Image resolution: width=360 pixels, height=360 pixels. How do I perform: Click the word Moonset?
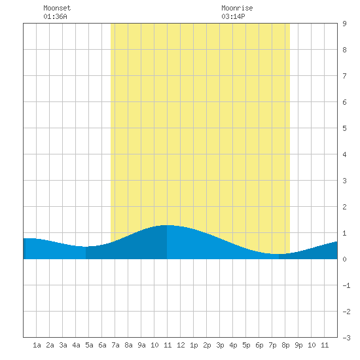pyautogui.click(x=57, y=8)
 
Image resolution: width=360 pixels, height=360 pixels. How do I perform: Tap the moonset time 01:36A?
pyautogui.click(x=55, y=16)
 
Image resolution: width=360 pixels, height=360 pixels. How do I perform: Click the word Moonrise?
pyautogui.click(x=237, y=8)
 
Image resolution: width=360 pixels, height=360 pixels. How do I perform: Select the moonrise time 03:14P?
pyautogui.click(x=233, y=16)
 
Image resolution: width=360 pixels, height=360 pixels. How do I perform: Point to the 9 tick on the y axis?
pyautogui.click(x=344, y=24)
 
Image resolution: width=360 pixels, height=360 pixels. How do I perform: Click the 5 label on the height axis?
pyautogui.click(x=344, y=128)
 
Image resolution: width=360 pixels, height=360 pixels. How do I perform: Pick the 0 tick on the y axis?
pyautogui.click(x=344, y=259)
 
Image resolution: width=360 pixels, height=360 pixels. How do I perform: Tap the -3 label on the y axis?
pyautogui.click(x=346, y=338)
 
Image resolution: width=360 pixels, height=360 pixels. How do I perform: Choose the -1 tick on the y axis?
pyautogui.click(x=346, y=285)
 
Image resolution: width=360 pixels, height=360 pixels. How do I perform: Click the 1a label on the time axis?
pyautogui.click(x=37, y=345)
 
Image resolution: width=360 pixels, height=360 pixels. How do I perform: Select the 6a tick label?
pyautogui.click(x=102, y=345)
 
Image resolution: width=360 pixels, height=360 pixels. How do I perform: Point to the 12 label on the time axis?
pyautogui.click(x=181, y=345)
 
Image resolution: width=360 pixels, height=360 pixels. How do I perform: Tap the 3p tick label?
pyautogui.click(x=220, y=345)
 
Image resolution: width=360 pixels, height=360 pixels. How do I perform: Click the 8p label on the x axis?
pyautogui.click(x=285, y=345)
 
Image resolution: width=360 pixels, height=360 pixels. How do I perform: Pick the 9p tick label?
pyautogui.click(x=298, y=345)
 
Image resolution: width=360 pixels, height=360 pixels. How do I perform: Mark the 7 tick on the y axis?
pyautogui.click(x=344, y=76)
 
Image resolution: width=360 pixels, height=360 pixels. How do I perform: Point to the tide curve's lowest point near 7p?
pyautogui.click(x=276, y=254)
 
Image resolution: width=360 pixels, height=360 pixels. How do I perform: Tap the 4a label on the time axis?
pyautogui.click(x=76, y=345)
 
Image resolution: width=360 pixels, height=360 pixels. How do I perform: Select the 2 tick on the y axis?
pyautogui.click(x=344, y=207)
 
